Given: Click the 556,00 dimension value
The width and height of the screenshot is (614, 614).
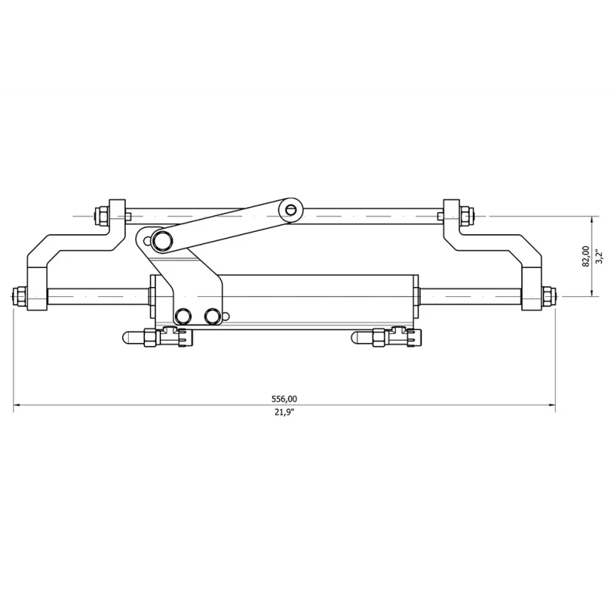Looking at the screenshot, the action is pos(284,399).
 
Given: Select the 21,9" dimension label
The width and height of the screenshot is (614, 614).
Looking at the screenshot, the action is pos(284,412).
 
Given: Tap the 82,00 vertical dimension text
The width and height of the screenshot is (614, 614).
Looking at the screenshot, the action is pos(586,256).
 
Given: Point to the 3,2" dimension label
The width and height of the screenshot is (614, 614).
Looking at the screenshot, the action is pos(599,256).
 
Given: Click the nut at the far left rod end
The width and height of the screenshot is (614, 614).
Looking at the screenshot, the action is pos(19,296).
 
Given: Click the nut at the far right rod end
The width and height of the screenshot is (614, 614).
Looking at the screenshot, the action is pos(549,296).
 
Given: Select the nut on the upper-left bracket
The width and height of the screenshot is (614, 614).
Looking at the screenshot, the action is pos(102,216).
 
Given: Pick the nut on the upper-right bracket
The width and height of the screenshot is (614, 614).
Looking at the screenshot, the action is pos(467,216).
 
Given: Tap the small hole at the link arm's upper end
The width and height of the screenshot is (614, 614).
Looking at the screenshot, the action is pos(290,210).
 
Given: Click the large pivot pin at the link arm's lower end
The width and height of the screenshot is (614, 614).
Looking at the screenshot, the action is pos(161,240).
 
